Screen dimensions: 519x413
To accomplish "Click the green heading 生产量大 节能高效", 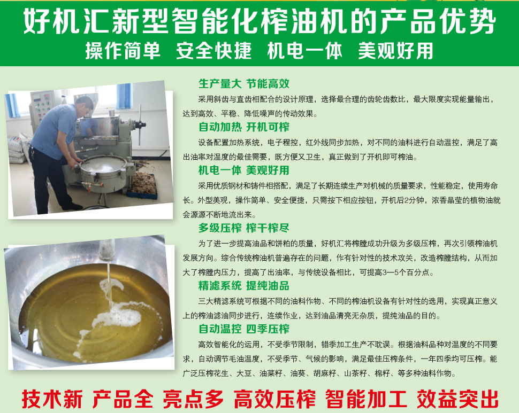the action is (244, 83).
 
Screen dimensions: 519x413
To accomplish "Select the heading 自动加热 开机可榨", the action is (244, 127).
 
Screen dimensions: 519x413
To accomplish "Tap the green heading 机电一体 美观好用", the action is (244, 170).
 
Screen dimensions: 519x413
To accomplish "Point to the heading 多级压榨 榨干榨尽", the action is (244, 228).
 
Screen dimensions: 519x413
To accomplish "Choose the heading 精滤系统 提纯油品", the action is (244, 285).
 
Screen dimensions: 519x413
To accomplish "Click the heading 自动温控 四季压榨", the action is (244, 329).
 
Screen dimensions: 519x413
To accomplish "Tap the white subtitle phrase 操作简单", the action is (123, 51).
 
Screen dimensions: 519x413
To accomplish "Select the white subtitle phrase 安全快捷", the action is (214, 51).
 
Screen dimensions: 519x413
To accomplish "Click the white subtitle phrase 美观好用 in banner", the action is (395, 51).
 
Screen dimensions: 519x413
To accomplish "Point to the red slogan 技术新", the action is (52, 399).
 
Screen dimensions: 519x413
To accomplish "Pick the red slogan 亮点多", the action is (193, 399).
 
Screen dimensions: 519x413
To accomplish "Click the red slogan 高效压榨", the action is (274, 399).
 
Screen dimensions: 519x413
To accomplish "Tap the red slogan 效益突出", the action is (457, 399).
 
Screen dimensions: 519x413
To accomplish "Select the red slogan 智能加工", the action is (366, 399).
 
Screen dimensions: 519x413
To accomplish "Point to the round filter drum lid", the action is (103, 165).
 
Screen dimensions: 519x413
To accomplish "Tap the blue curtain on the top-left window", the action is (13, 105).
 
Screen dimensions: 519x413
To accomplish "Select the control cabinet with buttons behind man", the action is (41, 109).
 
